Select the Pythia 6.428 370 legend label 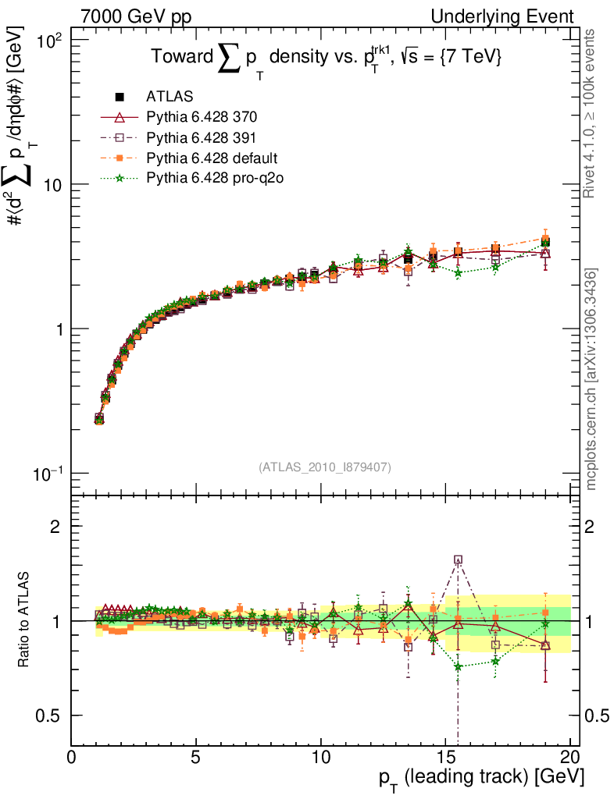pos(202,118)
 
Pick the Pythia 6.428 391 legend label pos(202,138)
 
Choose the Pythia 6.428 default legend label pos(212,158)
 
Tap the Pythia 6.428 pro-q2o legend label pos(213,179)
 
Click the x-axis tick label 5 pos(196,758)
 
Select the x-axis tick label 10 pos(320,758)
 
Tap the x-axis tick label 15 pos(445,758)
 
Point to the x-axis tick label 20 pos(570,758)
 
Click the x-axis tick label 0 pos(72,758)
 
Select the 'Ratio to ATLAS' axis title pos(24,620)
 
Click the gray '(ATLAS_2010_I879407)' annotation pos(325,467)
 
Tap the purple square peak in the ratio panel pos(458,559)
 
